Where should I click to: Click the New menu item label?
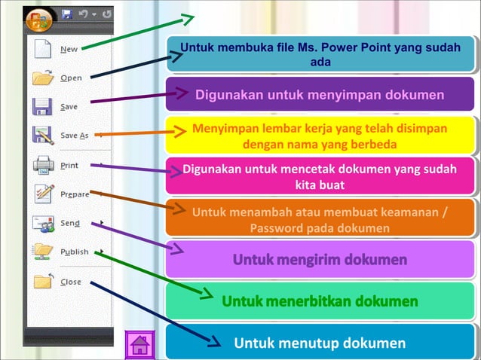coord(69,49)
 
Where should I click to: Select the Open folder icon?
coord(43,78)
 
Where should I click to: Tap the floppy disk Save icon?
coord(43,106)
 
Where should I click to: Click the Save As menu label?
coord(74,136)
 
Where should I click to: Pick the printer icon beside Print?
coord(43,164)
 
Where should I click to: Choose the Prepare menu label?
coord(75,194)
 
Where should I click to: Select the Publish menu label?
coord(75,252)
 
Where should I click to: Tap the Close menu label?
coord(71,282)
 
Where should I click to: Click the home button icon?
coord(139,346)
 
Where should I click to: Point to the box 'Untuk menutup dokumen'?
coord(320,343)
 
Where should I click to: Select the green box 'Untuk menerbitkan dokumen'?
coord(320,301)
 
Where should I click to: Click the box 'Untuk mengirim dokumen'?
coord(320,260)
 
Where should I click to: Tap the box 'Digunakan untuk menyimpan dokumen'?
coord(320,95)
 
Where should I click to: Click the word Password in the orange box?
coord(277,227)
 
